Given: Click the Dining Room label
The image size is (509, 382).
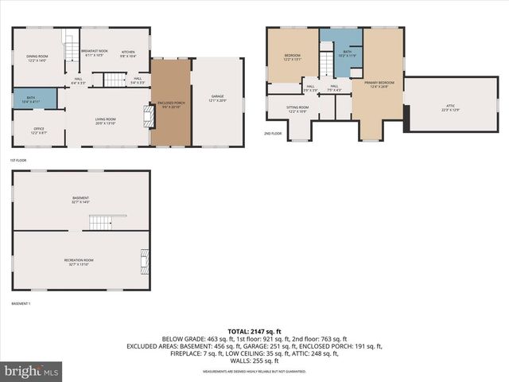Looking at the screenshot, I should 37,57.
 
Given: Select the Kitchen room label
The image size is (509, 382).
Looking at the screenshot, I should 128,55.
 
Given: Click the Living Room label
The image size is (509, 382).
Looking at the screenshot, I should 105,122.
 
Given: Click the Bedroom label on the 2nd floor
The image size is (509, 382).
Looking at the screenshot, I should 292,57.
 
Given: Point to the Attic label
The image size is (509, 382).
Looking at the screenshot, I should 450,107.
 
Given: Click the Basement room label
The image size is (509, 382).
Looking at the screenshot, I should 80,200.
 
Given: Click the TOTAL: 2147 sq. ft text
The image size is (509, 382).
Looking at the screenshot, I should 254,331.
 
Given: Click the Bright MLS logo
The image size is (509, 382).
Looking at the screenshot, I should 32,371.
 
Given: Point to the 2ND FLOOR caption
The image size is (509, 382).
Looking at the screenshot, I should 273,134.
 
